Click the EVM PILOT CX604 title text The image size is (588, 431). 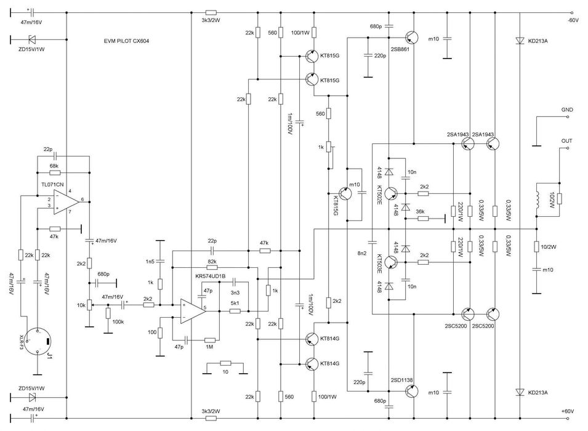click(126, 41)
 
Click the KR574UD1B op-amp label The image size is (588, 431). click(210, 276)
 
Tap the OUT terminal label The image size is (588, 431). click(567, 141)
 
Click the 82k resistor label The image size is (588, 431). click(212, 262)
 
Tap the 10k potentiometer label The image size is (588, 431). click(80, 305)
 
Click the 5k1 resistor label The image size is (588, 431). click(235, 303)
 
